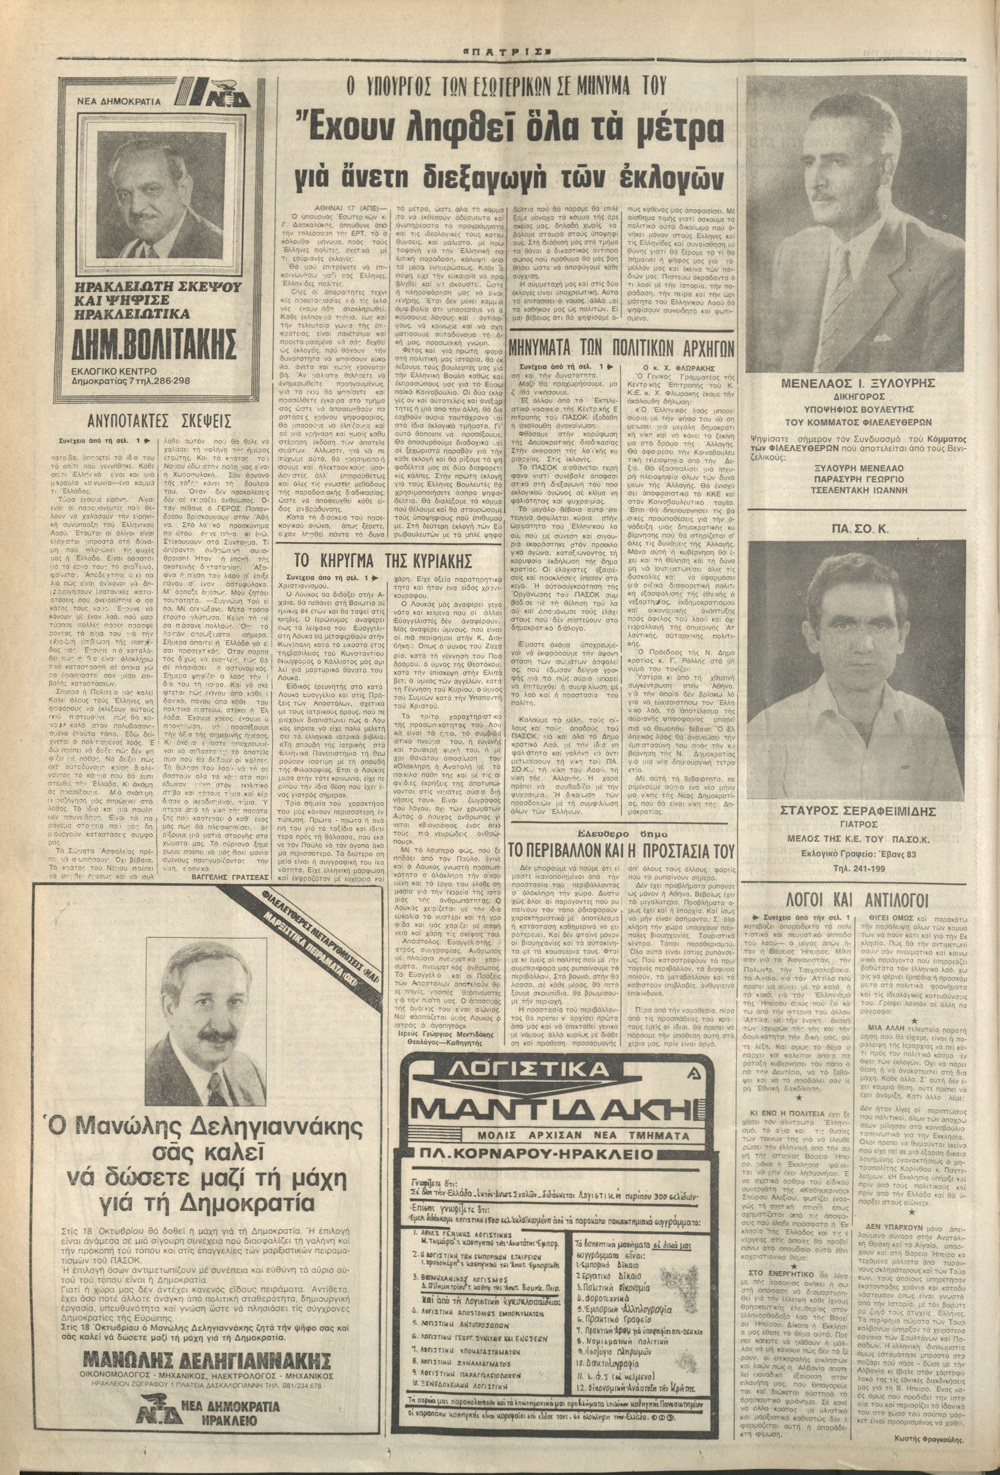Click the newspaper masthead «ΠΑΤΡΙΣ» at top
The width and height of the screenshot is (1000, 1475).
pos(499,48)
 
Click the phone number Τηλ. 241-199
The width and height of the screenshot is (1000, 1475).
pos(869,869)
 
